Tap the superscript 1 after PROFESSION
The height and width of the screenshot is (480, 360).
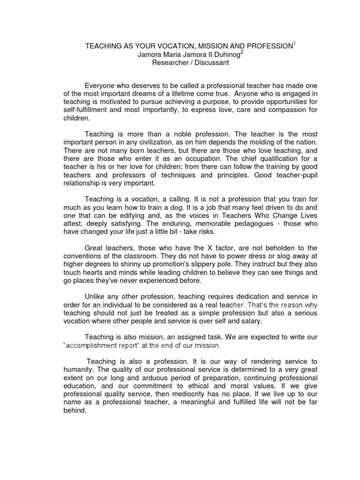click(295, 44)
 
